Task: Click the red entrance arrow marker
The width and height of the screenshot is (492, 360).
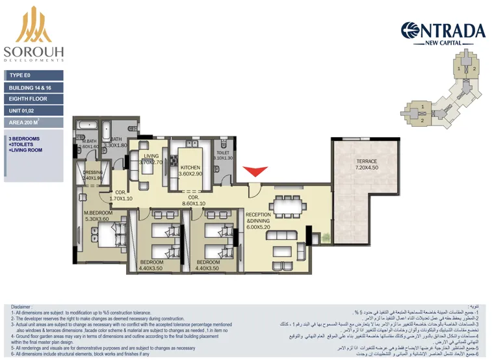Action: (255, 171)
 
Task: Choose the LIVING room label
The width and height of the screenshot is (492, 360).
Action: (151, 156)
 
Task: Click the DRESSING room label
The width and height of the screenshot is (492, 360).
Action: (93, 173)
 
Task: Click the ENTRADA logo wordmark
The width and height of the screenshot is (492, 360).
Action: (443, 31)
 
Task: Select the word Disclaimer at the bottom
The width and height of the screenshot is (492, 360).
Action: (21, 307)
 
